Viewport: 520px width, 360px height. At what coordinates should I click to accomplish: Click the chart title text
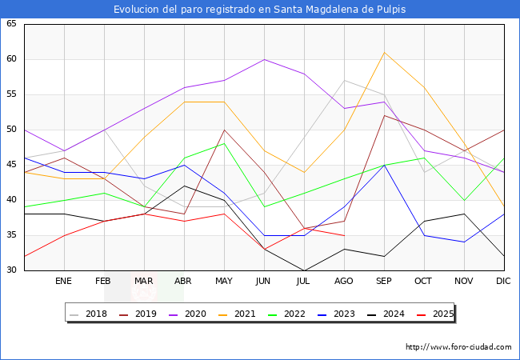pos(259,10)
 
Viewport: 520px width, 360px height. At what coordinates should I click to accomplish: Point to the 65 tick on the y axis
pos(11,24)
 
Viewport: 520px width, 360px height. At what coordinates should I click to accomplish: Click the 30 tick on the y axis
pos(11,270)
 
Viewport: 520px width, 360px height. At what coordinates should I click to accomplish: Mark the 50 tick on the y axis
pos(11,130)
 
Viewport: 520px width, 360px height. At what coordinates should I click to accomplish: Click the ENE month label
pos(64,282)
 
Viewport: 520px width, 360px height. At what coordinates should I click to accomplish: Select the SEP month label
pos(384,282)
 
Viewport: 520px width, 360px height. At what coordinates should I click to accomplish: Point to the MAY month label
pos(224,282)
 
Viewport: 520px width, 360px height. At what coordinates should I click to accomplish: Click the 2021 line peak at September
pos(384,52)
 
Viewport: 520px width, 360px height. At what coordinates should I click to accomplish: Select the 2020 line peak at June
pos(264,59)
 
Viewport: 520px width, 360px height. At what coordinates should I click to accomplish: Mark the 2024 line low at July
pos(304,270)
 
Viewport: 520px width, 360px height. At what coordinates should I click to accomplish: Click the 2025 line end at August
pos(344,235)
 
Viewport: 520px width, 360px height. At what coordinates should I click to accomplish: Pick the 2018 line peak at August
pos(344,80)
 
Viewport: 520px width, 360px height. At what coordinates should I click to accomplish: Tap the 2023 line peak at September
pos(384,165)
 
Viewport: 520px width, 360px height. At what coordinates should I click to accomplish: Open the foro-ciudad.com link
pos(458,347)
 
